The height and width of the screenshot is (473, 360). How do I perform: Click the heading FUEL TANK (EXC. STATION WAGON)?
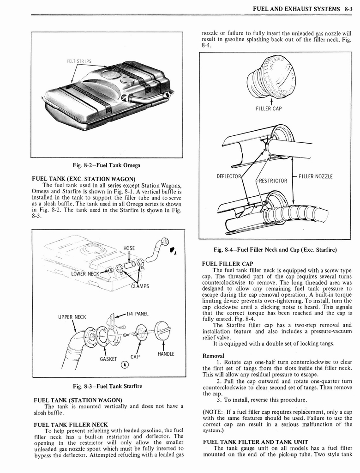point(83,179)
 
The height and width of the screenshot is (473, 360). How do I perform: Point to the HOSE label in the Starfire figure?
point(129,248)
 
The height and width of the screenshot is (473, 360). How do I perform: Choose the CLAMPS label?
point(140,286)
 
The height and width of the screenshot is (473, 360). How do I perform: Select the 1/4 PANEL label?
point(137,314)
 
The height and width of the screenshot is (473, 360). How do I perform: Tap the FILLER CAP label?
point(269,109)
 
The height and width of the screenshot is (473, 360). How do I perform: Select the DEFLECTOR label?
point(229,176)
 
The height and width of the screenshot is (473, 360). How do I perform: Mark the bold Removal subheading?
point(213,356)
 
